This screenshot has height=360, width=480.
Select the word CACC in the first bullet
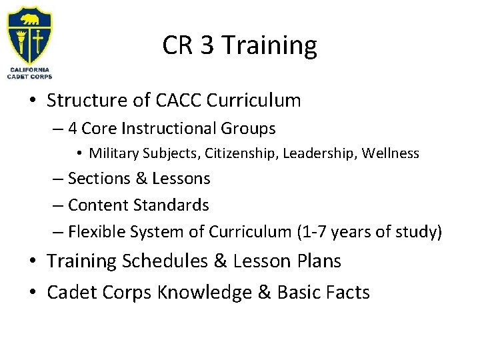175,101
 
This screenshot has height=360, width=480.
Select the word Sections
96,179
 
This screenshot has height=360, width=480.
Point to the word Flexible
98,232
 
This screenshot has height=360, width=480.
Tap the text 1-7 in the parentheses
313,232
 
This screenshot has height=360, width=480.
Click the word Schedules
171,262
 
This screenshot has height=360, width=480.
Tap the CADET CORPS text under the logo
29,77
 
